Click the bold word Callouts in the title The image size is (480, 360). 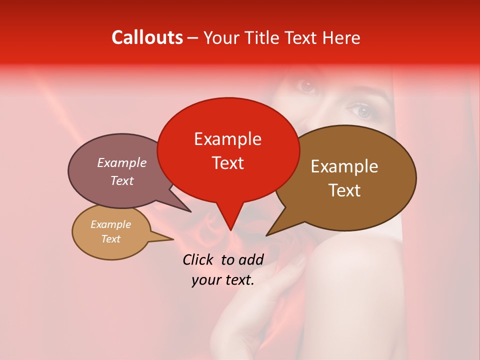point(147,37)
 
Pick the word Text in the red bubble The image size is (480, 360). point(227,162)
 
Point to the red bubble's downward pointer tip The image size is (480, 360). point(230,229)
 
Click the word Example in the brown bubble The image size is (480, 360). point(344,166)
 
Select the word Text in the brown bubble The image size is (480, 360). point(344,190)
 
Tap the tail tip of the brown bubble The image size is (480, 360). point(267,235)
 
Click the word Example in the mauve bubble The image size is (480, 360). point(121,162)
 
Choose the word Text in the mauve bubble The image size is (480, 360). point(121,180)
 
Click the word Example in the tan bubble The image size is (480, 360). point(110,224)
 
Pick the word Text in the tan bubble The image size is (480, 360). point(110,239)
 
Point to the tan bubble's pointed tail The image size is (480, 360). point(172,239)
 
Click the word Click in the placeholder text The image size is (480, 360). point(198,259)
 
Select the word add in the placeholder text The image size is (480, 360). point(251,259)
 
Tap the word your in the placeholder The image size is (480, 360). point(206,280)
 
